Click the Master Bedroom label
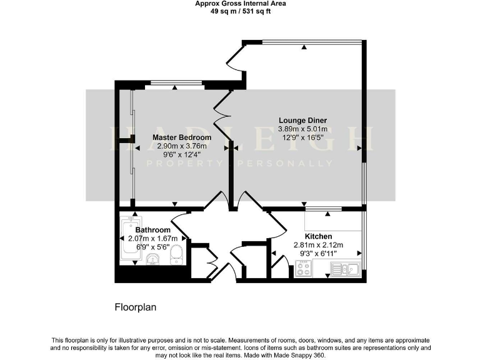[182, 137]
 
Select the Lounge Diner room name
[302, 121]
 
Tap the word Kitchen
[319, 236]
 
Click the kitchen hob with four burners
[304, 269]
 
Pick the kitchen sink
[344, 269]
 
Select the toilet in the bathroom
[177, 254]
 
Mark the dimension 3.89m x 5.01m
[302, 129]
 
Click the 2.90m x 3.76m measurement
[182, 146]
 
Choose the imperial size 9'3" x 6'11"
[319, 254]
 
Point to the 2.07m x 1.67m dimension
[152, 238]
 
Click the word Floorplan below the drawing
[135, 307]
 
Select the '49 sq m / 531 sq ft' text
[240, 11]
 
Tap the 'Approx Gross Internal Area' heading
[240, 3]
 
